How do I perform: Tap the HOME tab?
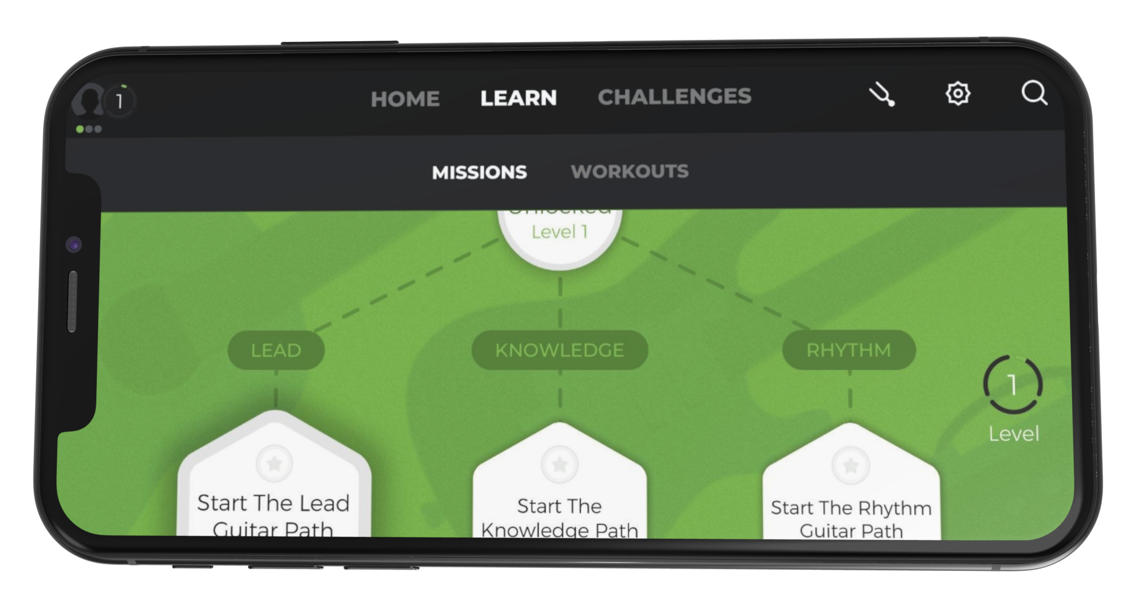pos(405,99)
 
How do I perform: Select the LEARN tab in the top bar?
pos(518,97)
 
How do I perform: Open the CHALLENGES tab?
pos(674,96)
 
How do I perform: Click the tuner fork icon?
pos(883,96)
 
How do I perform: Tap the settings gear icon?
pos(958,94)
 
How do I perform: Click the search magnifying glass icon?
pos(1034,94)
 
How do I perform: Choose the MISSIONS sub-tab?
pos(479,172)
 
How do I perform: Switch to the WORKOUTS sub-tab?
pos(629,171)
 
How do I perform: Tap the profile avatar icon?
pos(88,100)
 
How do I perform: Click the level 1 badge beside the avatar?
pos(120,101)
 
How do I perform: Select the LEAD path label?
pos(276,350)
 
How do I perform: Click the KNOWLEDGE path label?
pos(560,350)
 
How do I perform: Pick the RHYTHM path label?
pos(849,350)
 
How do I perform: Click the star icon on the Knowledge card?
pos(560,464)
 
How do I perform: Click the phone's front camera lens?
pos(74,245)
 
